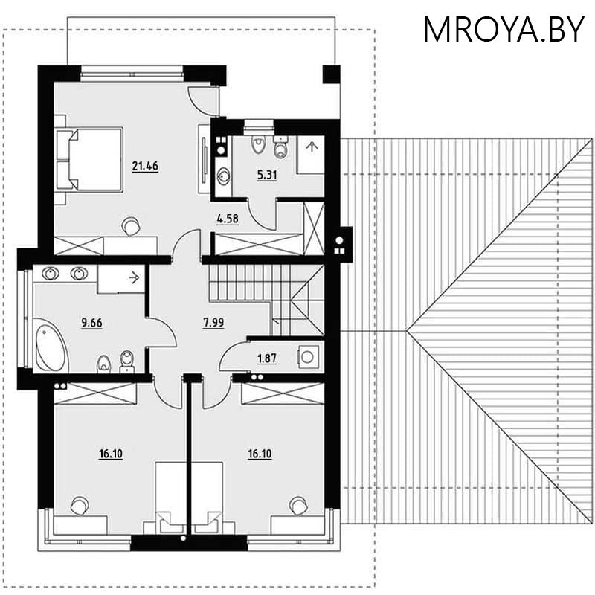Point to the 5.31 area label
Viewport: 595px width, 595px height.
point(245,176)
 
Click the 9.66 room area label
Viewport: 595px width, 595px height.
point(91,323)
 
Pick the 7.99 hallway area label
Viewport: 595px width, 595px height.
point(214,323)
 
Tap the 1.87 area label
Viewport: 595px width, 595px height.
point(266,358)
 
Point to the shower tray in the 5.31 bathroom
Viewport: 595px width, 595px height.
point(310,154)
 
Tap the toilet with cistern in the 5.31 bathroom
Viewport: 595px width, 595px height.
point(280,148)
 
